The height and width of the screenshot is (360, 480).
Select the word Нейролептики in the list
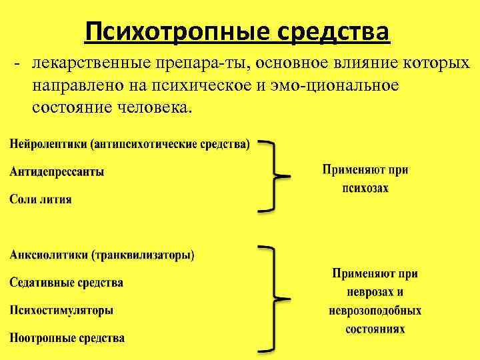(49, 145)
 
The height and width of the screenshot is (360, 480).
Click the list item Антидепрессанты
(57, 172)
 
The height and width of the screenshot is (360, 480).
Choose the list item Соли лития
(41, 199)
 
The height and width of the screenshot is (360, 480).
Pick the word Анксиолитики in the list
(49, 255)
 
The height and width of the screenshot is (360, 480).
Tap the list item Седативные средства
(66, 283)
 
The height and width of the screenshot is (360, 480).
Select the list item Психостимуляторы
(61, 310)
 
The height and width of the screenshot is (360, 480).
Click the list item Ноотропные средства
(67, 338)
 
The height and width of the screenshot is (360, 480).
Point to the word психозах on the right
(365, 189)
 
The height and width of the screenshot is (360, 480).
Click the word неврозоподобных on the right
(375, 311)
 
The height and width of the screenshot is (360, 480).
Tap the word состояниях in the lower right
(375, 329)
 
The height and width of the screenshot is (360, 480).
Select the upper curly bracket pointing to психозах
(273, 176)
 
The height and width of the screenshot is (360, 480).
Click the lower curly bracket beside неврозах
(273, 297)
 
